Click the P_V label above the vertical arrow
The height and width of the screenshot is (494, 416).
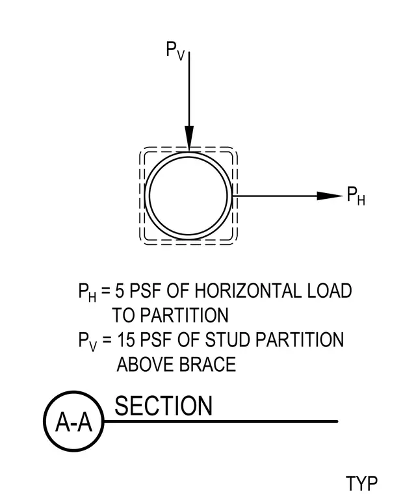pyautogui.click(x=175, y=51)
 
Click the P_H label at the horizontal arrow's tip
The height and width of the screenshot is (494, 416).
pyautogui.click(x=356, y=196)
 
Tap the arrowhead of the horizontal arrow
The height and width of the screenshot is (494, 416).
pyautogui.click(x=330, y=196)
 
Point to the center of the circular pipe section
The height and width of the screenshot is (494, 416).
pyautogui.click(x=188, y=196)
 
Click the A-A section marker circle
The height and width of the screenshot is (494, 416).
pyautogui.click(x=73, y=421)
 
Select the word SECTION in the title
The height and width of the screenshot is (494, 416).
pyautogui.click(x=163, y=406)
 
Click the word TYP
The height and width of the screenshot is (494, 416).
pyautogui.click(x=361, y=483)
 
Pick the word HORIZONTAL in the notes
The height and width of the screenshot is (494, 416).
pyautogui.click(x=248, y=291)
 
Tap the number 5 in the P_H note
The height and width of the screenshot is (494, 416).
pyautogui.click(x=120, y=291)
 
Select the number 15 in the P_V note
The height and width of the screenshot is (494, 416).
pyautogui.click(x=125, y=339)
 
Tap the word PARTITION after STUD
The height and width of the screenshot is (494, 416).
pyautogui.click(x=300, y=339)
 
